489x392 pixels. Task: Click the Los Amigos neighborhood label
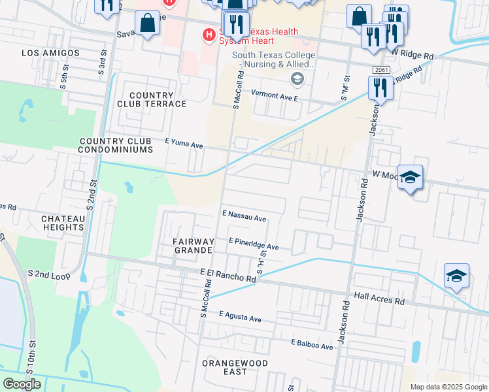pos(50,53)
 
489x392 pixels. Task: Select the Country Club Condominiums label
pos(115,145)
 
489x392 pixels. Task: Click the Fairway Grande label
pos(194,246)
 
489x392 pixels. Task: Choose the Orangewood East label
pos(234,367)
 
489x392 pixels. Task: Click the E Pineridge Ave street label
pos(254,244)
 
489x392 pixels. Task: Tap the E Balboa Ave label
pos(312,344)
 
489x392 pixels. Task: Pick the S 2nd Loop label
pos(49,276)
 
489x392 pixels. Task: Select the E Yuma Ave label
pos(184,143)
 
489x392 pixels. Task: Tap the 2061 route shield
pos(382,70)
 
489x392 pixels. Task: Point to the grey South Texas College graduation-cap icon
pos(297,80)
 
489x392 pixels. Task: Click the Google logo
pos(22,384)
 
